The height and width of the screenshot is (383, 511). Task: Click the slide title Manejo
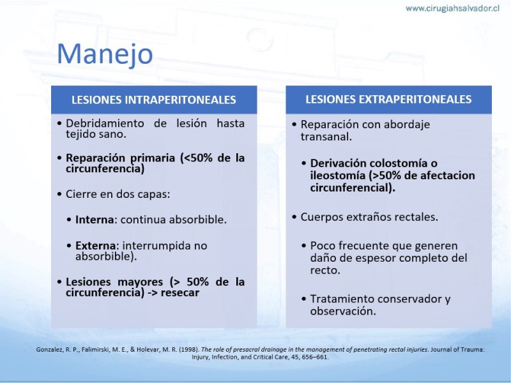(105, 54)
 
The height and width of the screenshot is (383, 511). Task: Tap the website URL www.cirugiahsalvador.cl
(452, 8)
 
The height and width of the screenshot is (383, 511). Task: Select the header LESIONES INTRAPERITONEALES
(154, 100)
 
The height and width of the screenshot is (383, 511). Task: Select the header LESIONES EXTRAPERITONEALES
(388, 100)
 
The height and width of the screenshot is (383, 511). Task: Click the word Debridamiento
(105, 123)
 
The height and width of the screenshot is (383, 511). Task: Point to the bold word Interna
(95, 220)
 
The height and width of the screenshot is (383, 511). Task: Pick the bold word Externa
(95, 245)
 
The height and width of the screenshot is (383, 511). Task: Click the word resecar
(180, 292)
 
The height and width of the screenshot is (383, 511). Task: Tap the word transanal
(326, 137)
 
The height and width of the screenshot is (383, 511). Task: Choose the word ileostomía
(338, 176)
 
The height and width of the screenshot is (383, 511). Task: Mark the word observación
(343, 312)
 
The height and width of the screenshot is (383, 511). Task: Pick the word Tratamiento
(342, 299)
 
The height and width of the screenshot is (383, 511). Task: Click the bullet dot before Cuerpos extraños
(294, 217)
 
